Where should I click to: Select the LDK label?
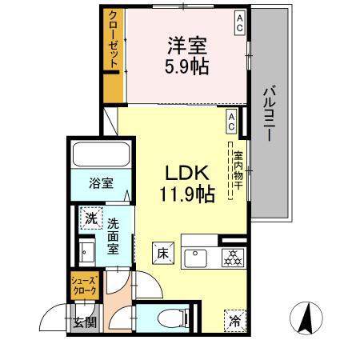(186, 172)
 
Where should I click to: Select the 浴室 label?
(100, 182)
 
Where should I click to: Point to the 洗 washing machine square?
(91, 217)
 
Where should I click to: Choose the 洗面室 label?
(114, 236)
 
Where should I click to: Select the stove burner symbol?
(231, 258)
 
